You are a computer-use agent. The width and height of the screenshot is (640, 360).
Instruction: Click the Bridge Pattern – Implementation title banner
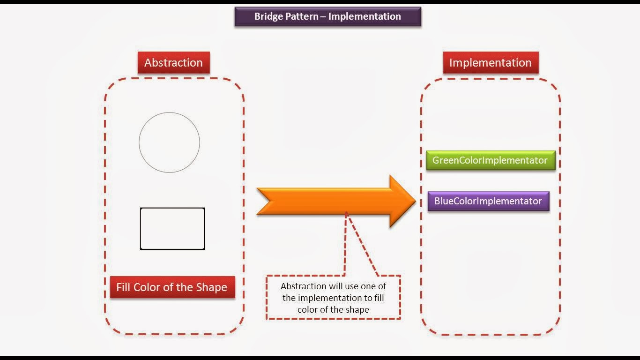point(327,16)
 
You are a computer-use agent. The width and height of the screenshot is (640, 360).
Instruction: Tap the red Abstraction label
point(173,63)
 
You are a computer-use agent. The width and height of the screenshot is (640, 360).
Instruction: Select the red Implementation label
point(490,63)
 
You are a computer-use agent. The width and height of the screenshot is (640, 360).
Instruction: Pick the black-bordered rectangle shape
point(172,229)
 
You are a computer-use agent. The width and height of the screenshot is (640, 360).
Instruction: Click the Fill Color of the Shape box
point(172,287)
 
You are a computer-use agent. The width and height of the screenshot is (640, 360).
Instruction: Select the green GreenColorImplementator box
point(490,160)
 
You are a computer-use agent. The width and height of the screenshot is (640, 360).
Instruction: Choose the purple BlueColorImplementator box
point(488,201)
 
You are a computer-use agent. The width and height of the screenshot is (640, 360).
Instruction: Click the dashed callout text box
point(333,298)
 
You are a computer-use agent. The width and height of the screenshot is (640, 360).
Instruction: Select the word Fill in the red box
point(123,287)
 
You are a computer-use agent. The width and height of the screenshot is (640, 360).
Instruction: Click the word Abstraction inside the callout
point(303,286)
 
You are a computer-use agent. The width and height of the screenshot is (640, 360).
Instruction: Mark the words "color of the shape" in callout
point(333,309)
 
